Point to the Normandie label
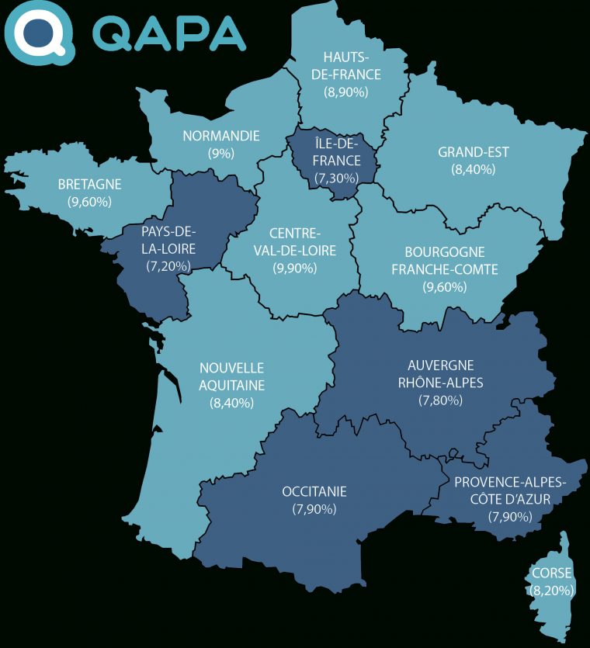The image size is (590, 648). click(x=221, y=136)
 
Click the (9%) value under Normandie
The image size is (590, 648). click(x=221, y=154)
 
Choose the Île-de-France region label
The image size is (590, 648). click(x=338, y=151)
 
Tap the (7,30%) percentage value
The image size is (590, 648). click(x=338, y=178)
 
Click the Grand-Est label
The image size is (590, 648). click(x=474, y=152)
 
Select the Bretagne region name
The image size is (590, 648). click(x=90, y=184)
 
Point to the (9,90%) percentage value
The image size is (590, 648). click(x=295, y=269)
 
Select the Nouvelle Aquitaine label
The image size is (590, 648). click(x=232, y=376)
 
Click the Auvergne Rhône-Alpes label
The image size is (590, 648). click(x=440, y=373)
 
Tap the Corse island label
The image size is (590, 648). click(x=552, y=573)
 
